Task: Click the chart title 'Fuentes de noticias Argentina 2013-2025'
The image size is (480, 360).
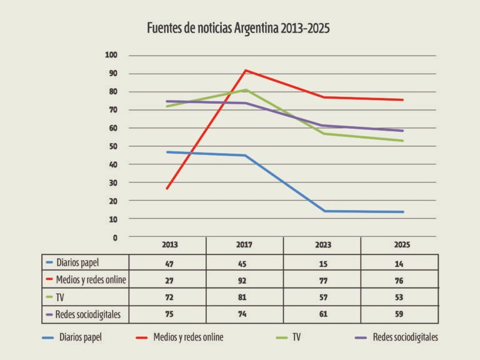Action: (238, 28)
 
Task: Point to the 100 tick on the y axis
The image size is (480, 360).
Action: (111, 55)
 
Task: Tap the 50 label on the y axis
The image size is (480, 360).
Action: (113, 146)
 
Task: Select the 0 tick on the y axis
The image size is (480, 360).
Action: (115, 237)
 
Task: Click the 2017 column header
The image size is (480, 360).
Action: (244, 244)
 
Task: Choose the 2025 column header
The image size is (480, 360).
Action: (402, 244)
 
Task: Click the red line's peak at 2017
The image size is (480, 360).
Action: (246, 71)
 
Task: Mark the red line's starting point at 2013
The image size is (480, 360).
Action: (167, 188)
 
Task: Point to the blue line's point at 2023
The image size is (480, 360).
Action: (324, 211)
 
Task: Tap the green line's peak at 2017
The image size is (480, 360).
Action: (246, 90)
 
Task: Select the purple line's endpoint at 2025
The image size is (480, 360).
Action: (402, 131)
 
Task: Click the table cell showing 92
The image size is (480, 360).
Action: (242, 281)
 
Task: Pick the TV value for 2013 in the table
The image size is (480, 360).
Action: (169, 297)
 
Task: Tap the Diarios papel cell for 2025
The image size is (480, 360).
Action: (399, 264)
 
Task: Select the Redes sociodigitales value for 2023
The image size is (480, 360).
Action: (323, 314)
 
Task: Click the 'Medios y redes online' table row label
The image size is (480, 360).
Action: (91, 279)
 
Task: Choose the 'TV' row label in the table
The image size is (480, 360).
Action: (60, 297)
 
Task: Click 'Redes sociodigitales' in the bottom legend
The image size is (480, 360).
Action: (405, 337)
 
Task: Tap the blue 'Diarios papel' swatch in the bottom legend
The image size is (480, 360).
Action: (48, 337)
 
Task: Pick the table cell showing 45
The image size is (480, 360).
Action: (242, 264)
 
